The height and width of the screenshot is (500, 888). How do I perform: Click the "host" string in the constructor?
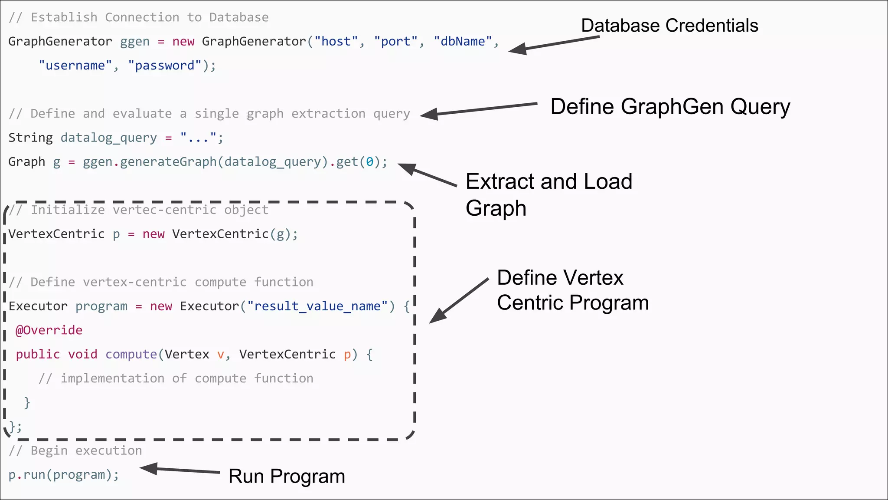pyautogui.click(x=336, y=42)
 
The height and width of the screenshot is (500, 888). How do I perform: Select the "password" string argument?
pyautogui.click(x=164, y=66)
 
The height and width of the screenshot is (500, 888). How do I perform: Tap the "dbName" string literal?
pyautogui.click(x=463, y=42)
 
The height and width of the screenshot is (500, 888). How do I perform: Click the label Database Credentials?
pyautogui.click(x=669, y=26)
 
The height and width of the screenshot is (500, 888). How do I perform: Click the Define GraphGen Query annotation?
pyautogui.click(x=670, y=107)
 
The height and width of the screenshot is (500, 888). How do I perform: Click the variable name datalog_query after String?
pyautogui.click(x=108, y=138)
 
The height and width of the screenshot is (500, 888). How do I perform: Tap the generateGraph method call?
pyautogui.click(x=168, y=162)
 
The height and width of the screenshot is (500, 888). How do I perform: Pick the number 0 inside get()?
pyautogui.click(x=369, y=162)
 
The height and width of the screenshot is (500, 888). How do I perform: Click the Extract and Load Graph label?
pyautogui.click(x=548, y=194)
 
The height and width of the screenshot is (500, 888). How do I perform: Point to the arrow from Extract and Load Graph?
pyautogui.click(x=427, y=175)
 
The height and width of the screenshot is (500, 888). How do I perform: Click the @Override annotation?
pyautogui.click(x=49, y=330)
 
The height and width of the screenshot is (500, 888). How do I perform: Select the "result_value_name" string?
pyautogui.click(x=317, y=306)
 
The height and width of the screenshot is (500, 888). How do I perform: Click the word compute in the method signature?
pyautogui.click(x=131, y=355)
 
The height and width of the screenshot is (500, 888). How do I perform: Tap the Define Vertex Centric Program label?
pyautogui.click(x=572, y=290)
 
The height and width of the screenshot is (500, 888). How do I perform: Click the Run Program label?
pyautogui.click(x=287, y=477)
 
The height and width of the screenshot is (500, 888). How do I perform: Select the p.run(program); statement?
pyautogui.click(x=64, y=475)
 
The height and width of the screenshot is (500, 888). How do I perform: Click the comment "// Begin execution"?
pyautogui.click(x=75, y=451)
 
